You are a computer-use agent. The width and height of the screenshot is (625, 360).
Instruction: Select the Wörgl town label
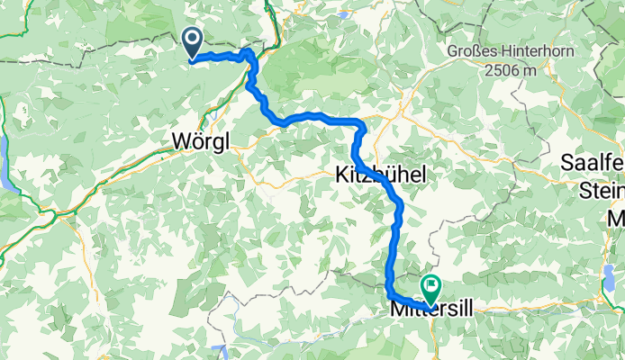(200, 140)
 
